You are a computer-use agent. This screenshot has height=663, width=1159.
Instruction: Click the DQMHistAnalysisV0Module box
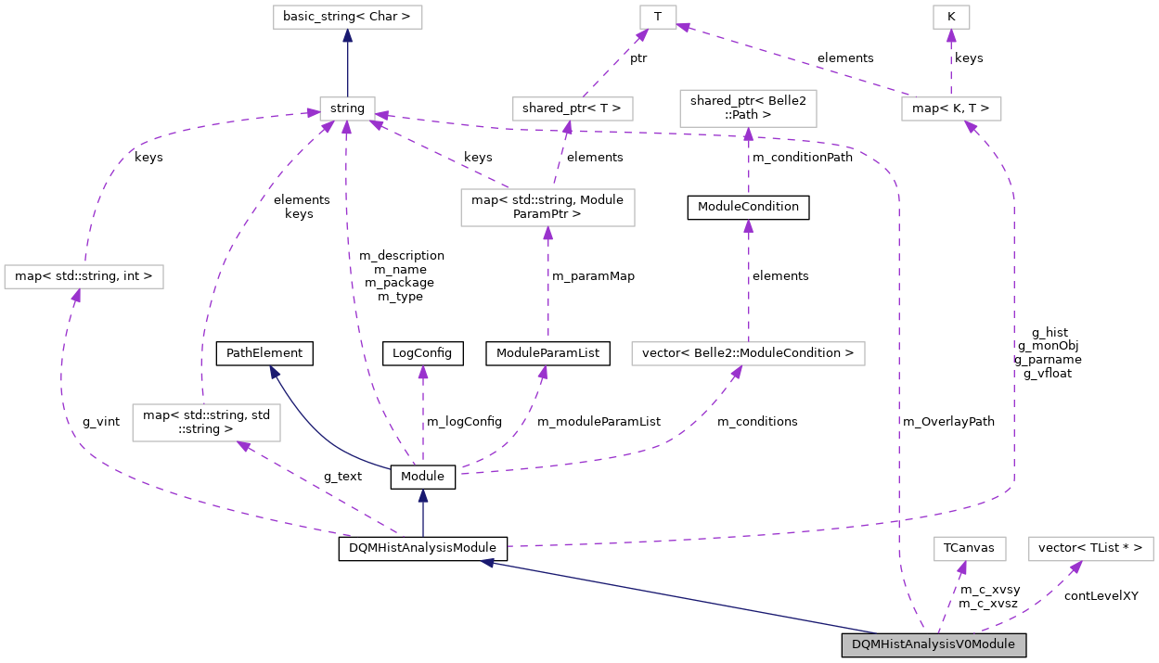pos(934,644)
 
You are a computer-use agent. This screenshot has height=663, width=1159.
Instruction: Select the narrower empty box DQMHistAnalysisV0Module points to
pos(969,549)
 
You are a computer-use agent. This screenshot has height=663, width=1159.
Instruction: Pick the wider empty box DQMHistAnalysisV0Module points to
pos(1090,549)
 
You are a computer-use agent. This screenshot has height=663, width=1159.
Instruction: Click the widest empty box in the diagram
pos(748,354)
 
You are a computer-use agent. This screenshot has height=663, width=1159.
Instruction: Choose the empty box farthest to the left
pos(84,276)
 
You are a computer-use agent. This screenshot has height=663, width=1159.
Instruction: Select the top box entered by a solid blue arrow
pos(347,17)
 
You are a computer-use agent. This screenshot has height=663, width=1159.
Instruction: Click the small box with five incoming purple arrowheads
pos(347,108)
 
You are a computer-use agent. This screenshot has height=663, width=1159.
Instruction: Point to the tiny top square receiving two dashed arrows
pos(658,17)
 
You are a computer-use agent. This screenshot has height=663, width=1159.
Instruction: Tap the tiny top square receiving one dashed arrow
pos(951,17)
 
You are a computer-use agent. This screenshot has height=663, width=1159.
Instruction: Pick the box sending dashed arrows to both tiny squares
pos(951,108)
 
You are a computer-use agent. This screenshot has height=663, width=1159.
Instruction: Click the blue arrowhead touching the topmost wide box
pos(347,36)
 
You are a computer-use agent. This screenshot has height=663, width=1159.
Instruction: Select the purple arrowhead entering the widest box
pos(737,372)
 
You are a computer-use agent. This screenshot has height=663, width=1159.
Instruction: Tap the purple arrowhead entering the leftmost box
pos(76,295)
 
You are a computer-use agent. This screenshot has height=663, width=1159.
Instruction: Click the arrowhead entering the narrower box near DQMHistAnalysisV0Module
pos(962,567)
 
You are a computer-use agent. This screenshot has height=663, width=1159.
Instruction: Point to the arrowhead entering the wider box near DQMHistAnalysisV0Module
pos(1076,567)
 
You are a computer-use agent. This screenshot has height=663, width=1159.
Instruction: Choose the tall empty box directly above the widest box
pos(748,108)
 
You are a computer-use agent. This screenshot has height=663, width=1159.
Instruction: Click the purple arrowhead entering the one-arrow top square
pos(951,35)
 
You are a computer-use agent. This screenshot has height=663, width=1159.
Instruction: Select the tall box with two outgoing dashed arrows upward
pos(547,208)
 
